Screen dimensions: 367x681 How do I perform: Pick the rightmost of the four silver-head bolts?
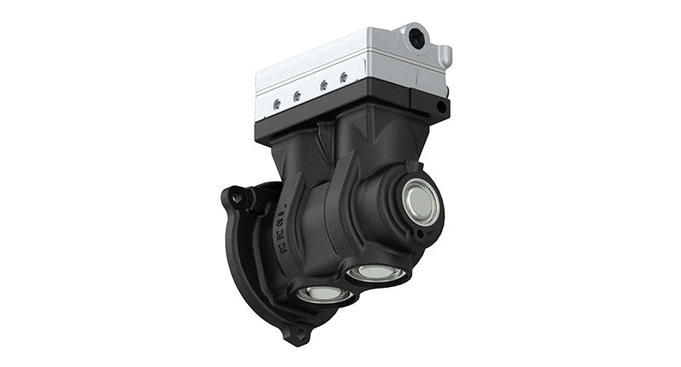coord(344,77)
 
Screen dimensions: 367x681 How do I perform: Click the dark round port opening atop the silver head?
coord(417,37)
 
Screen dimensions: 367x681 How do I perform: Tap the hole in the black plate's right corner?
coord(439,106)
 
